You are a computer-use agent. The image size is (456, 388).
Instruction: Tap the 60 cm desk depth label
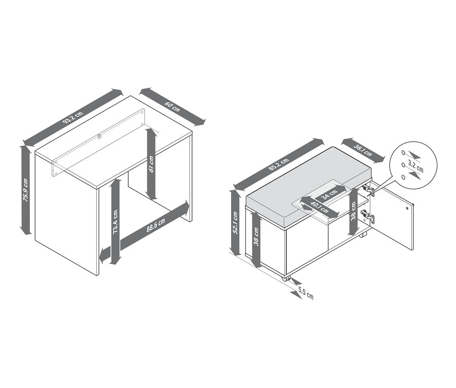[172, 107]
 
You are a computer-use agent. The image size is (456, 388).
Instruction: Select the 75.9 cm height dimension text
[26, 190]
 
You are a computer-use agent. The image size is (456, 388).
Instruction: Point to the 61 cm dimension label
[151, 164]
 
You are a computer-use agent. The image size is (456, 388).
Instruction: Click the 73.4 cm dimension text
[115, 222]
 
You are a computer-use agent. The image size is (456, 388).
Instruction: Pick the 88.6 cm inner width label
[156, 225]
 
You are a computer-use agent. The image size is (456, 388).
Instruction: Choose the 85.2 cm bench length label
[278, 166]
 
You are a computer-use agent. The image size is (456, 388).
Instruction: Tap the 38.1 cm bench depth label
[363, 150]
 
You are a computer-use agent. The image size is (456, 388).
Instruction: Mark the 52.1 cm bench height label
[235, 223]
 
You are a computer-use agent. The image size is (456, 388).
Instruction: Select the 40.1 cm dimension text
[319, 207]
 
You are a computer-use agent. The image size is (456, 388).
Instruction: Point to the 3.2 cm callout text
[415, 167]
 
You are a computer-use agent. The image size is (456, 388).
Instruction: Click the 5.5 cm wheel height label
[306, 293]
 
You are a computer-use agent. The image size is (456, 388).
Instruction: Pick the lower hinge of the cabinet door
[368, 217]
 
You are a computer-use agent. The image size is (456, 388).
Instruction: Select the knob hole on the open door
[407, 208]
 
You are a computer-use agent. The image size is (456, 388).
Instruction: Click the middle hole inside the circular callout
[403, 165]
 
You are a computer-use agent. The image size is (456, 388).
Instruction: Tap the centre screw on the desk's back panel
[100, 136]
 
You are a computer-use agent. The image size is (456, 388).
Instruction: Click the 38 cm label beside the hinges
[353, 211]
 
